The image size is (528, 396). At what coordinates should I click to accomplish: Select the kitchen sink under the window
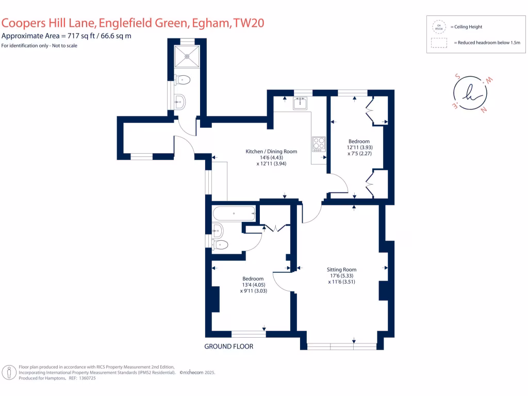300,104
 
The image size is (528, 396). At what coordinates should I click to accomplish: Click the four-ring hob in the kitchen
319,143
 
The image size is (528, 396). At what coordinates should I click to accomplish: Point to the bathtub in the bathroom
234,213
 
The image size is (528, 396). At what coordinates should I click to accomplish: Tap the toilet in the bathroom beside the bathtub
221,244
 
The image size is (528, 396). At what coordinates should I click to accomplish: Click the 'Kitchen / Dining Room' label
271,152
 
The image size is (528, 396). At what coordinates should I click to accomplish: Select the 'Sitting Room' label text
341,270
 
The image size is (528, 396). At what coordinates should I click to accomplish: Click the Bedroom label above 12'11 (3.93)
359,141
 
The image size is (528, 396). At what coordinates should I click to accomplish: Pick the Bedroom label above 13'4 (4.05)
253,279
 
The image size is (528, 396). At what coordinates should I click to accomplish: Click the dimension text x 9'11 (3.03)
253,291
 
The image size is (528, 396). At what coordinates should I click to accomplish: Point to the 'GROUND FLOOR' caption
229,346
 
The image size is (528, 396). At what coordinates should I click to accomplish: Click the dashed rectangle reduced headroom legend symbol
439,43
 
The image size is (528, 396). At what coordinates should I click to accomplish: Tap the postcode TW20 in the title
251,24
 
